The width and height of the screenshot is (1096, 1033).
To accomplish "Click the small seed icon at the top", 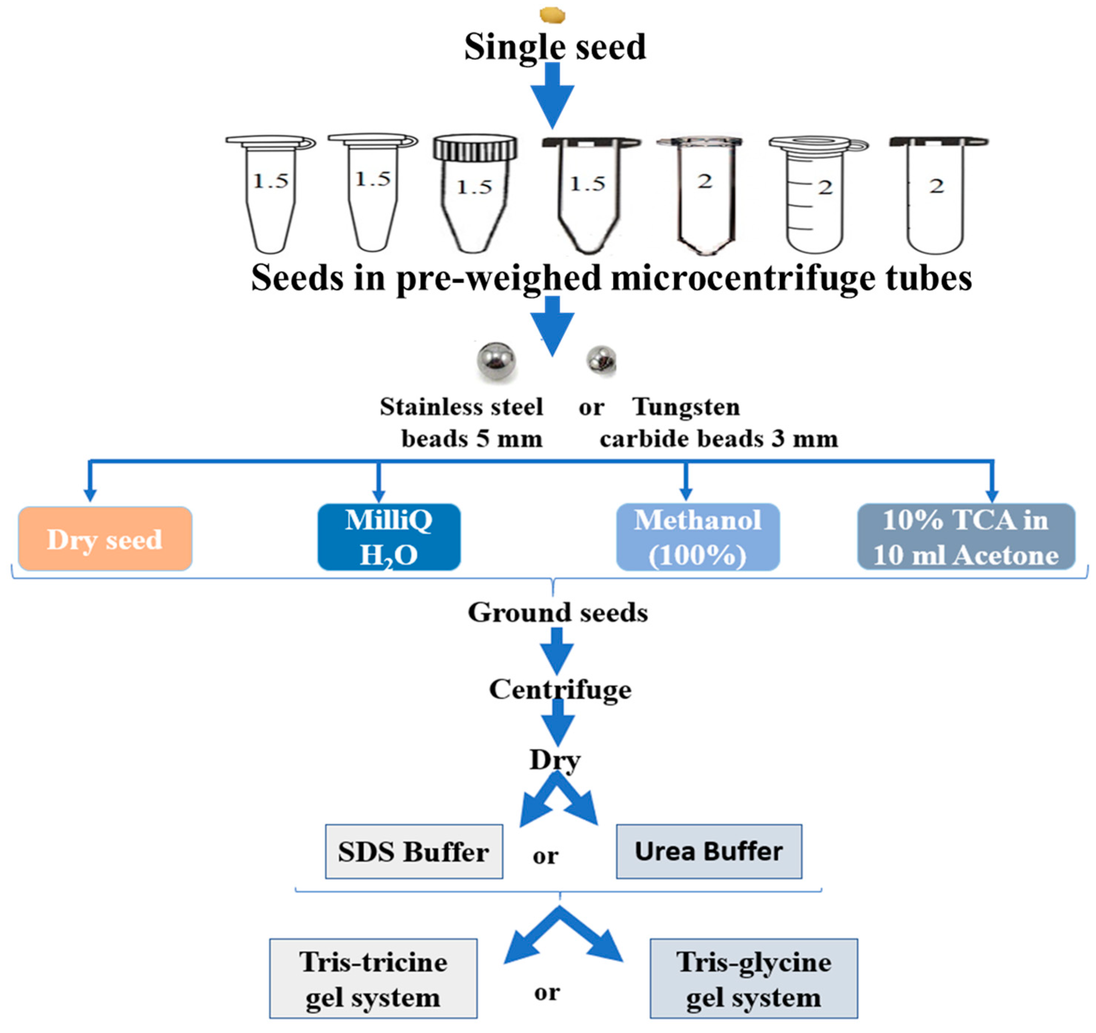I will [552, 15].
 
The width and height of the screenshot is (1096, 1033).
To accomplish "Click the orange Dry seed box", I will [105, 539].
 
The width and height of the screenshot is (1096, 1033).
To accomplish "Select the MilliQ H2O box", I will [389, 537].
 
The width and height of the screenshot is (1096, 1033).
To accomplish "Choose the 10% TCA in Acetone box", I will [966, 537].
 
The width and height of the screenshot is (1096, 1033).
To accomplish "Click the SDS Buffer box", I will [414, 852].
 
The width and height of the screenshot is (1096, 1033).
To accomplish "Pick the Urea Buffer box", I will [708, 852].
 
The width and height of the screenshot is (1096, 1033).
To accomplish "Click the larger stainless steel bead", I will [496, 361].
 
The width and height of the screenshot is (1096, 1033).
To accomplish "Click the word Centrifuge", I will [560, 689].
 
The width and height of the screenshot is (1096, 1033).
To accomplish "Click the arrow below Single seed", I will [552, 96].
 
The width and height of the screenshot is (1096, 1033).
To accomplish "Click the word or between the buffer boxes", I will [545, 856].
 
